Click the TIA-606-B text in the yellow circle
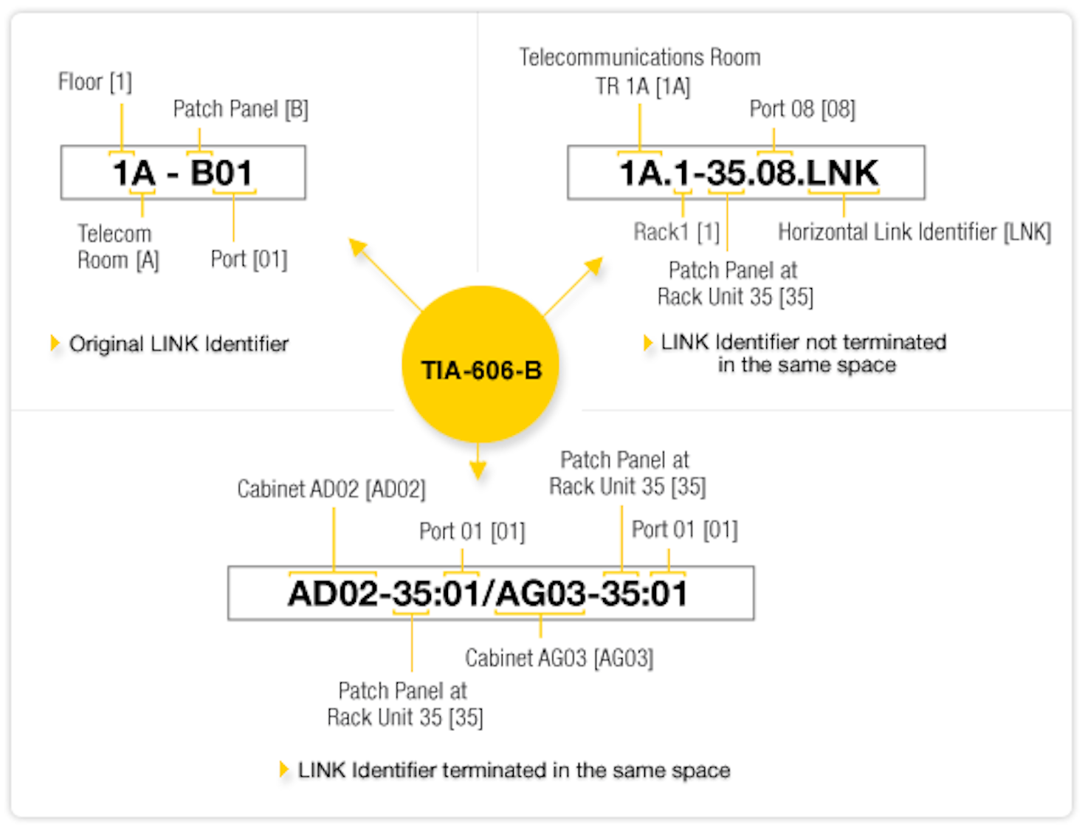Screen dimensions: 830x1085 click(481, 370)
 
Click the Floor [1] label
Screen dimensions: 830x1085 click(95, 82)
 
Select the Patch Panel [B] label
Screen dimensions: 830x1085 click(241, 109)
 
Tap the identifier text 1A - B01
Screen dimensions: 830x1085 click(182, 173)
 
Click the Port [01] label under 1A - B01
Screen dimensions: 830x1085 click(249, 259)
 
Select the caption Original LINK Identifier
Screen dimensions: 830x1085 click(179, 344)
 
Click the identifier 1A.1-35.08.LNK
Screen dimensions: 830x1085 click(748, 173)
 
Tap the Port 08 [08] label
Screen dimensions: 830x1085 click(802, 109)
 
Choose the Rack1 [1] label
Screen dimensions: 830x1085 click(676, 232)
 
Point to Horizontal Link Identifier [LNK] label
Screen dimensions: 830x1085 click(914, 232)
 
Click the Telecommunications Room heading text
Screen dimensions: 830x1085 click(640, 58)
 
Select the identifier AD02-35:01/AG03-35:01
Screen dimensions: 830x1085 click(488, 593)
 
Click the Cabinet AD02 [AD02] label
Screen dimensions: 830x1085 click(331, 489)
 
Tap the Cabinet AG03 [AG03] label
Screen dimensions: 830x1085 click(559, 657)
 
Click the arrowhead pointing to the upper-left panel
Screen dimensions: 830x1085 click(358, 247)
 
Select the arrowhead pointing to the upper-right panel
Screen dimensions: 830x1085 click(594, 265)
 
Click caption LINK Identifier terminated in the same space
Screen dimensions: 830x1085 click(514, 770)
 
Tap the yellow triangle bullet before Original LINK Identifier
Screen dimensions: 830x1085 click(55, 343)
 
